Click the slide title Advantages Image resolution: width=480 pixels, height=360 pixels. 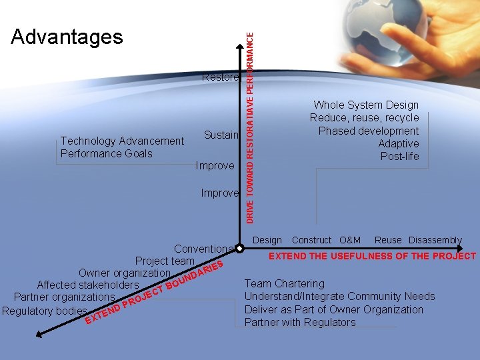pyautogui.click(x=67, y=37)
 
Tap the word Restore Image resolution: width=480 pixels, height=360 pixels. pyautogui.click(x=220, y=77)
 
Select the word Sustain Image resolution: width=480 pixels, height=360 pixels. pyautogui.click(x=221, y=135)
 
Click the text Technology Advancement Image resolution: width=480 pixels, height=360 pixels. pyautogui.click(x=122, y=141)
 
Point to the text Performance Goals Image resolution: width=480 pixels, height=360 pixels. pyautogui.click(x=106, y=153)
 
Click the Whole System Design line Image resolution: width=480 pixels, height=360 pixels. pyautogui.click(x=366, y=105)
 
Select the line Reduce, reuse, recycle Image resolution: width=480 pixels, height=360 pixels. pyautogui.click(x=364, y=118)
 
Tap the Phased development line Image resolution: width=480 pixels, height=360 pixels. pyautogui.click(x=368, y=131)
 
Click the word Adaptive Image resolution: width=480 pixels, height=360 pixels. pyautogui.click(x=398, y=143)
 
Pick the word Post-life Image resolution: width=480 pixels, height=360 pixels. pyautogui.click(x=399, y=156)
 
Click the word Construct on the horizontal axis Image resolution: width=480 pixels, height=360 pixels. pyautogui.click(x=311, y=240)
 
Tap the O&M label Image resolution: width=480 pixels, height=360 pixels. pyautogui.click(x=349, y=240)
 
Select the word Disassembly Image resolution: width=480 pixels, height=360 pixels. pyautogui.click(x=435, y=240)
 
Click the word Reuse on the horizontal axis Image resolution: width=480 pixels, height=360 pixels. pyautogui.click(x=388, y=240)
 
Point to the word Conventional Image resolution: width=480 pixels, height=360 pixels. pyautogui.click(x=204, y=249)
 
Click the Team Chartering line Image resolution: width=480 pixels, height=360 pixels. pyautogui.click(x=285, y=283)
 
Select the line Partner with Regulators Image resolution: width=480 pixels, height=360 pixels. pyautogui.click(x=300, y=322)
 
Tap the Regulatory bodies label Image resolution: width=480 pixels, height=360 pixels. pyautogui.click(x=45, y=311)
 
